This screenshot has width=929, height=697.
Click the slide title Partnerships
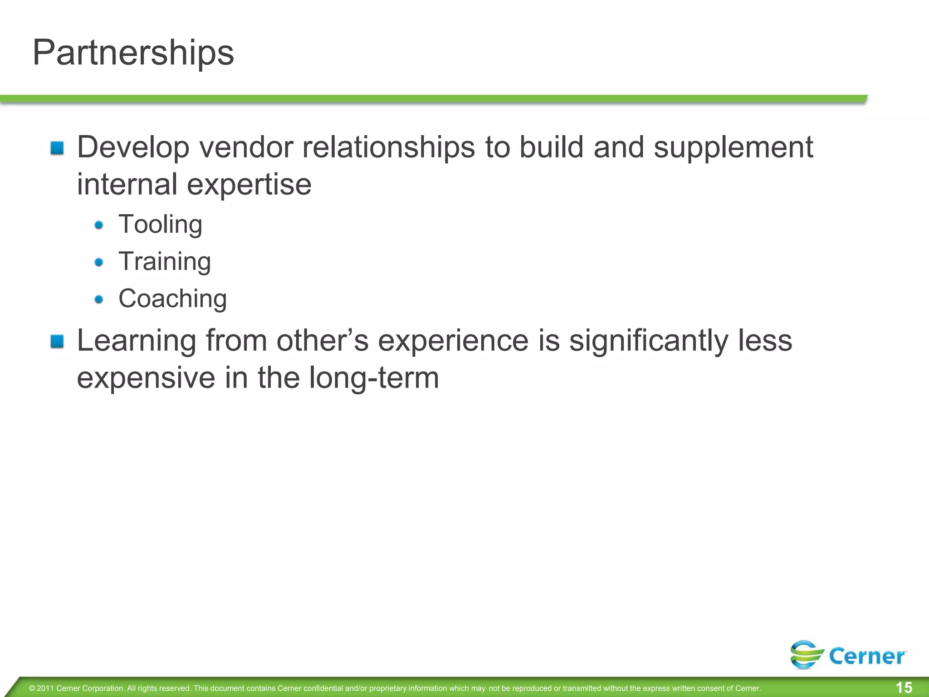click(x=133, y=53)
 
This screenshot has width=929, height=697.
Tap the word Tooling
click(x=160, y=225)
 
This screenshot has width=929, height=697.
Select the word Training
click(x=165, y=262)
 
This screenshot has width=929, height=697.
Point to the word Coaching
click(x=172, y=299)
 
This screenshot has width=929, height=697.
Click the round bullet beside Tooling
click(x=99, y=225)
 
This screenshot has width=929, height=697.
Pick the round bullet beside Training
click(x=99, y=262)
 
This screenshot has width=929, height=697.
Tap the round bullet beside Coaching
click(x=99, y=299)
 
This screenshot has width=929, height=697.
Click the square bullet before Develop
click(x=57, y=148)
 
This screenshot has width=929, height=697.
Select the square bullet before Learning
click(x=57, y=341)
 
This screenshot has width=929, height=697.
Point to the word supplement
click(x=733, y=148)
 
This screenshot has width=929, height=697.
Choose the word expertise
click(x=249, y=185)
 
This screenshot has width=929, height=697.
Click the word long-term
click(x=374, y=378)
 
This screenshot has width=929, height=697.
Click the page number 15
click(x=904, y=687)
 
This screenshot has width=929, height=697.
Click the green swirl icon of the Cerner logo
click(x=807, y=654)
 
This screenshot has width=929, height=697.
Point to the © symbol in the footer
click(x=32, y=688)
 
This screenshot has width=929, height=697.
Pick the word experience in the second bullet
click(x=453, y=341)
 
